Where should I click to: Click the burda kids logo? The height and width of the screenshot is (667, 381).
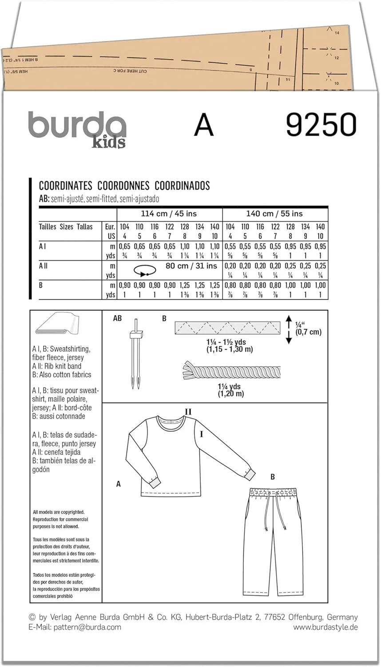point(77,129)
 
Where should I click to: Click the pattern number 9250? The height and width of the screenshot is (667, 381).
point(321,125)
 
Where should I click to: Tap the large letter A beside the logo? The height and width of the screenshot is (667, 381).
point(204,125)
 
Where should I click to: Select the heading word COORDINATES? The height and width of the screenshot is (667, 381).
point(65,186)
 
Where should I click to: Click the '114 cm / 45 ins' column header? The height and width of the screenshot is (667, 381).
point(169,214)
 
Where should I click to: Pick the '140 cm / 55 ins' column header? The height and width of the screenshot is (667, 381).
point(274,214)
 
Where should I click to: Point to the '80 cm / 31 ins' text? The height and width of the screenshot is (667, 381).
point(191,266)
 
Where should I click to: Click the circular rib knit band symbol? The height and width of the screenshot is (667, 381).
point(145,271)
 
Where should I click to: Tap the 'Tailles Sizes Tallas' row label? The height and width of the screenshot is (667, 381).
point(66,227)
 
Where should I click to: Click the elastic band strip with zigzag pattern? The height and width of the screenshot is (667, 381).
point(228,328)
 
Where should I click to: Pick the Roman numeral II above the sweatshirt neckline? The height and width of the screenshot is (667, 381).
point(188,412)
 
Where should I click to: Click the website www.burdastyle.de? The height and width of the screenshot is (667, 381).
point(325,627)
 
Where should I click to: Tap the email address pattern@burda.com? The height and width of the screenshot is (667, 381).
point(75,627)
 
